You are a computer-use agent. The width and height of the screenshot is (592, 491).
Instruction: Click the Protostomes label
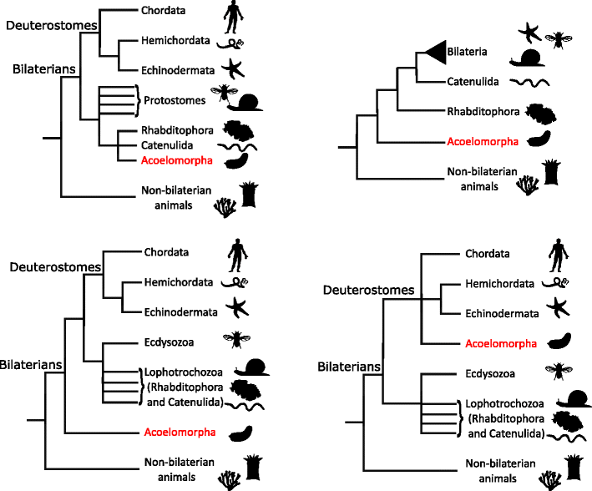point(169,101)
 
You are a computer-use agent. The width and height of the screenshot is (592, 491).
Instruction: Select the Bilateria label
point(466,52)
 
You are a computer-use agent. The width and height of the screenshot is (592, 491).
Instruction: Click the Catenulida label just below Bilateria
point(467,81)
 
